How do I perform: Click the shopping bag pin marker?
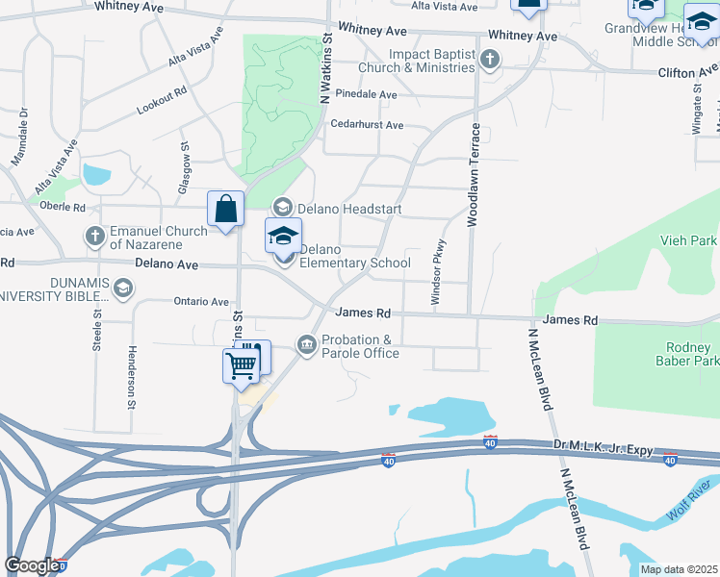225,209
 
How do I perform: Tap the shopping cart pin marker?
241,364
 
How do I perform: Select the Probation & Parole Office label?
360,346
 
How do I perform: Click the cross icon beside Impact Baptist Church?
490,61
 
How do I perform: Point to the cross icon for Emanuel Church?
94,235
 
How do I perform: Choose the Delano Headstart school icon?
282,207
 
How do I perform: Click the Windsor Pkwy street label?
438,272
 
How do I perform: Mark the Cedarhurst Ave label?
367,125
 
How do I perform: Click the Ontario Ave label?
201,301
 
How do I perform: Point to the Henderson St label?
132,377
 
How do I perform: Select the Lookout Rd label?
161,101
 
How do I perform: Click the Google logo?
32,565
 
